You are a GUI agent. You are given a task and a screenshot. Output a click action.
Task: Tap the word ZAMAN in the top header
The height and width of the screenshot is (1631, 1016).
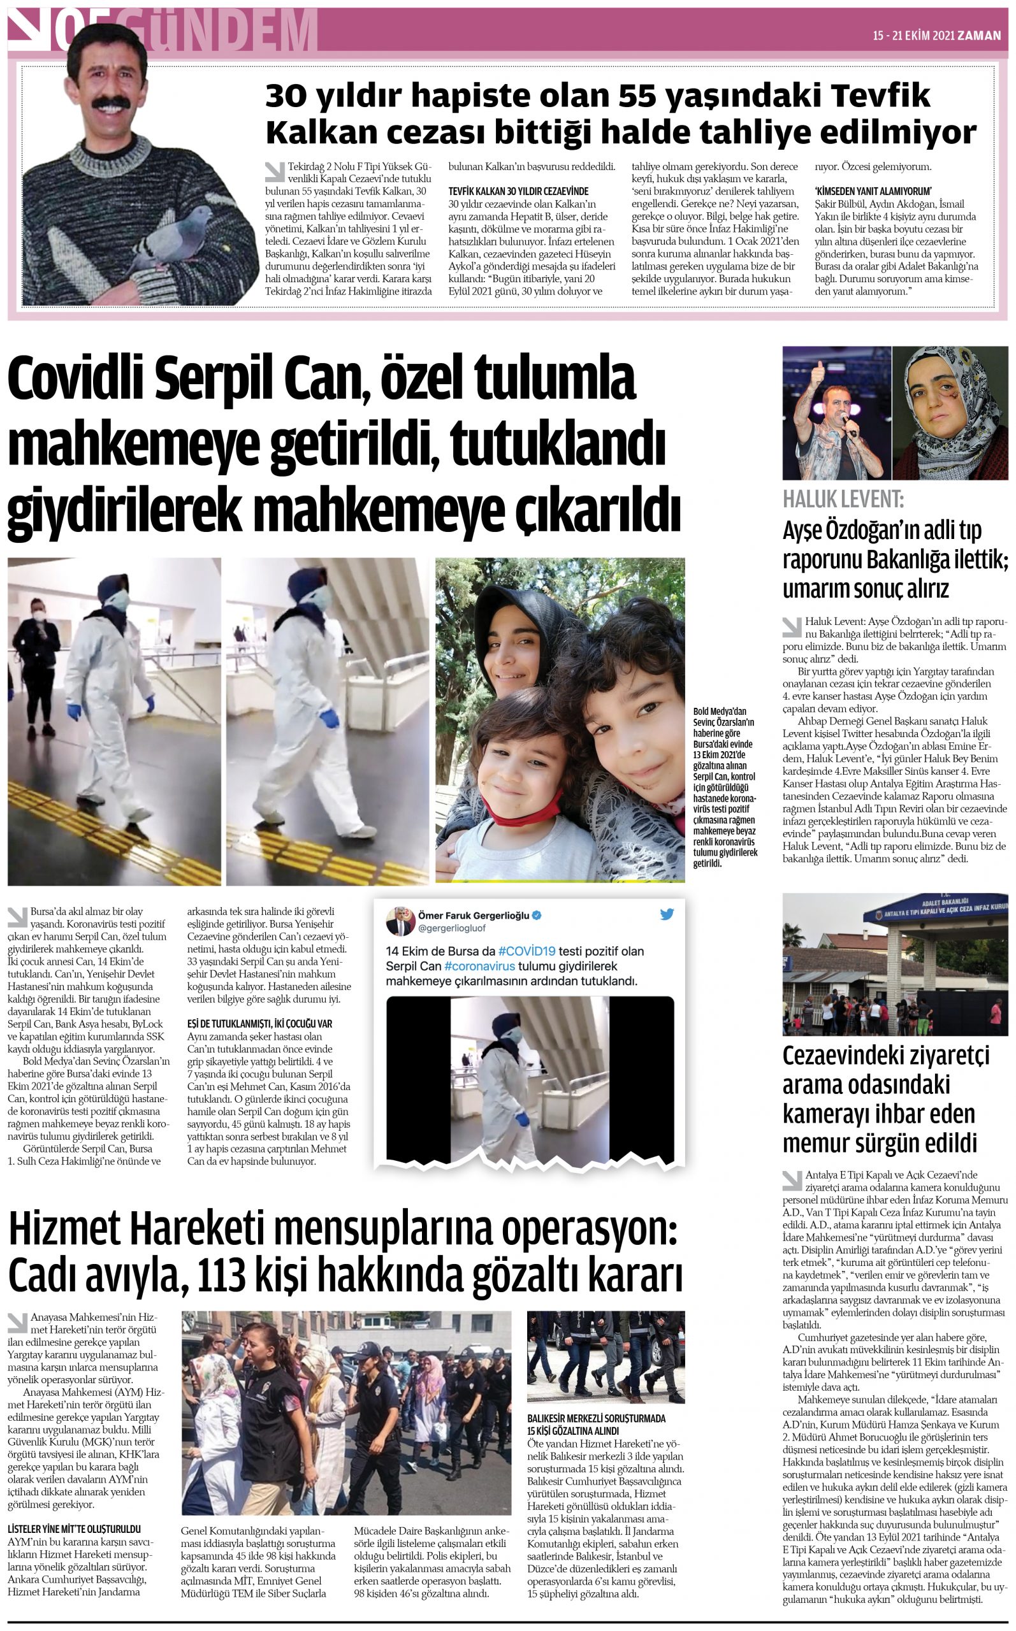click(979, 36)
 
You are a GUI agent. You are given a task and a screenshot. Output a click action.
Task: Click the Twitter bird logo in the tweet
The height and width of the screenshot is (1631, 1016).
click(667, 914)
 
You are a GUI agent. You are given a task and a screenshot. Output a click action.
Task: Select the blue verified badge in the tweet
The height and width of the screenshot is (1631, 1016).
click(538, 916)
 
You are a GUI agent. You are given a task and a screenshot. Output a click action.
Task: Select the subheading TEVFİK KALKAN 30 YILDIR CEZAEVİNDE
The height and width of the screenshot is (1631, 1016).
click(518, 191)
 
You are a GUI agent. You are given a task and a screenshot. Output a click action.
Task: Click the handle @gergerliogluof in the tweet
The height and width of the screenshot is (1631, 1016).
click(451, 928)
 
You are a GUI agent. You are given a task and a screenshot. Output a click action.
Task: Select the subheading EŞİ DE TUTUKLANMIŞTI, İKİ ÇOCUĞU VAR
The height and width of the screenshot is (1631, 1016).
click(259, 1023)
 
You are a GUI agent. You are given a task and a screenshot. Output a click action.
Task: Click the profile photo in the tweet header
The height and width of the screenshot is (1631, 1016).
click(400, 920)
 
